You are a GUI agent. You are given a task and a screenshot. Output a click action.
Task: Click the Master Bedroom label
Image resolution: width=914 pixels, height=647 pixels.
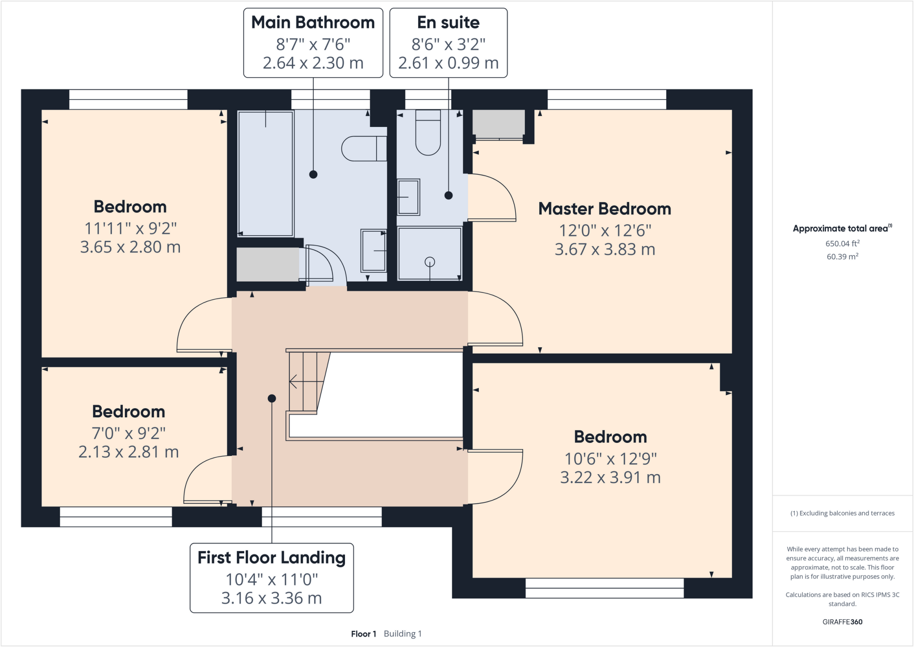pyautogui.click(x=604, y=209)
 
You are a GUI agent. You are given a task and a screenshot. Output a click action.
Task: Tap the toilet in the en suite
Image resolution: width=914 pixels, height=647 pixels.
pyautogui.click(x=428, y=133)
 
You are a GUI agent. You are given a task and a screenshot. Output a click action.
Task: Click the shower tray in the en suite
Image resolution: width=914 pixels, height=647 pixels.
pyautogui.click(x=429, y=254)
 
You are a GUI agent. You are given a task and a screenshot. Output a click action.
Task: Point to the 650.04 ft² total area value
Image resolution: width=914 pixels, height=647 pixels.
pyautogui.click(x=842, y=243)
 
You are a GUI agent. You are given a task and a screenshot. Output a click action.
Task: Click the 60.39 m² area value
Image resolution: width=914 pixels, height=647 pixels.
pyautogui.click(x=842, y=257)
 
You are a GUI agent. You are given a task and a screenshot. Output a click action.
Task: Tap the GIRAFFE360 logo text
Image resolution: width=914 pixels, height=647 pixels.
pyautogui.click(x=842, y=622)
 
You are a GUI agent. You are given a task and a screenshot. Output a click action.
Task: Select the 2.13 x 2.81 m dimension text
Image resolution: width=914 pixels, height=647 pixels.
pyautogui.click(x=129, y=452)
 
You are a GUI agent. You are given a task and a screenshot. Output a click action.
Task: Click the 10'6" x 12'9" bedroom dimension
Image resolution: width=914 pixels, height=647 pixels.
pyautogui.click(x=610, y=459)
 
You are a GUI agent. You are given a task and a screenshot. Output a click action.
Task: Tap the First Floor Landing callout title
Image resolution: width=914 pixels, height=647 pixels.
pyautogui.click(x=271, y=558)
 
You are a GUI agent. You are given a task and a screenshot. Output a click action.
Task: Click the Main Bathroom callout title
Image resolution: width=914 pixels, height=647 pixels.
pyautogui.click(x=313, y=22)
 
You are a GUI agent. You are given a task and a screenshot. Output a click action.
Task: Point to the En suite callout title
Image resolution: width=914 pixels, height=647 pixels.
pyautogui.click(x=448, y=22)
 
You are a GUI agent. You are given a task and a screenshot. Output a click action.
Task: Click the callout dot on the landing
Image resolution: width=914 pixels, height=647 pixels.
pyautogui.click(x=272, y=398)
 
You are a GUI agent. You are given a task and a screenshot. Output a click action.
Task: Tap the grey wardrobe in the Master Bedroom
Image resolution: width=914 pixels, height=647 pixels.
pyautogui.click(x=499, y=124)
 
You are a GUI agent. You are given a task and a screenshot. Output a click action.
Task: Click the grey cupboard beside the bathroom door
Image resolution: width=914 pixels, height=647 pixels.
pyautogui.click(x=267, y=264)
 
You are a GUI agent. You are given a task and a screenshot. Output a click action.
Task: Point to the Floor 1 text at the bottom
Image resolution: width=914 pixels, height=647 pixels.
pyautogui.click(x=363, y=634)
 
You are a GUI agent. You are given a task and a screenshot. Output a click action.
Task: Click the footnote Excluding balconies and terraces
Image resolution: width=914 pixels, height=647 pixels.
pyautogui.click(x=842, y=513)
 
